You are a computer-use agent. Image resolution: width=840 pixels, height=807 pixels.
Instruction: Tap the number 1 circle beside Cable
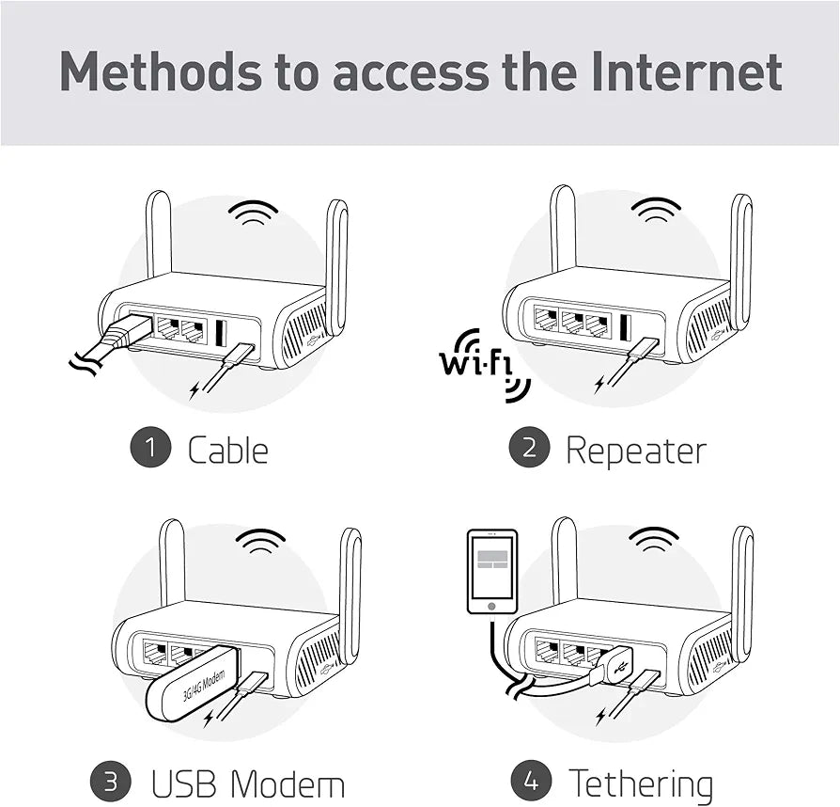coord(149,448)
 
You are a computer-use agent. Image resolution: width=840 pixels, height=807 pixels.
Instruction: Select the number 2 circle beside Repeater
coord(529,448)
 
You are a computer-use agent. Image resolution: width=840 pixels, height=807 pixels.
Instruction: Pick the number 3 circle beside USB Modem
coord(110,783)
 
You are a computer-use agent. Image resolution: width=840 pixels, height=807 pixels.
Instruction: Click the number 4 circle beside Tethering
coord(531,783)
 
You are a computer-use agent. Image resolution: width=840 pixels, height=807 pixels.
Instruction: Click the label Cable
coord(227,450)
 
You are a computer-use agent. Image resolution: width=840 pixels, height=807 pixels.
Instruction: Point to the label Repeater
coord(635,450)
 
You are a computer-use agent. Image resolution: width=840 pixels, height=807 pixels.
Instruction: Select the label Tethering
coord(641,783)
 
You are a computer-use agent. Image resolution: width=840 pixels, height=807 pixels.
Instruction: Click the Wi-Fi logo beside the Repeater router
coord(481,362)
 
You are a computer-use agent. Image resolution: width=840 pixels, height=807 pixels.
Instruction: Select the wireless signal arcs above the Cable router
coord(253,213)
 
